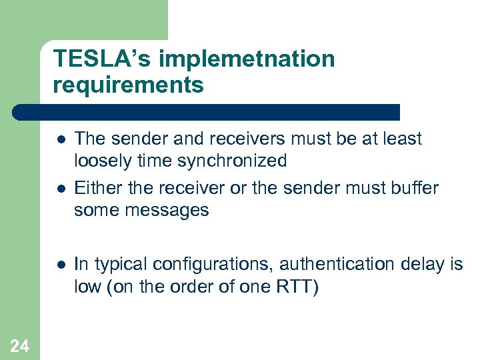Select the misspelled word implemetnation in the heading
click(246, 59)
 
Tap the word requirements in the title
click(129, 85)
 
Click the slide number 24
click(20, 345)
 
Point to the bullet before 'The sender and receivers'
click(60, 139)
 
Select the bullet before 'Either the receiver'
click(60, 189)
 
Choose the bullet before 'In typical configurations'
click(60, 265)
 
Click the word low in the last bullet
click(87, 286)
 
